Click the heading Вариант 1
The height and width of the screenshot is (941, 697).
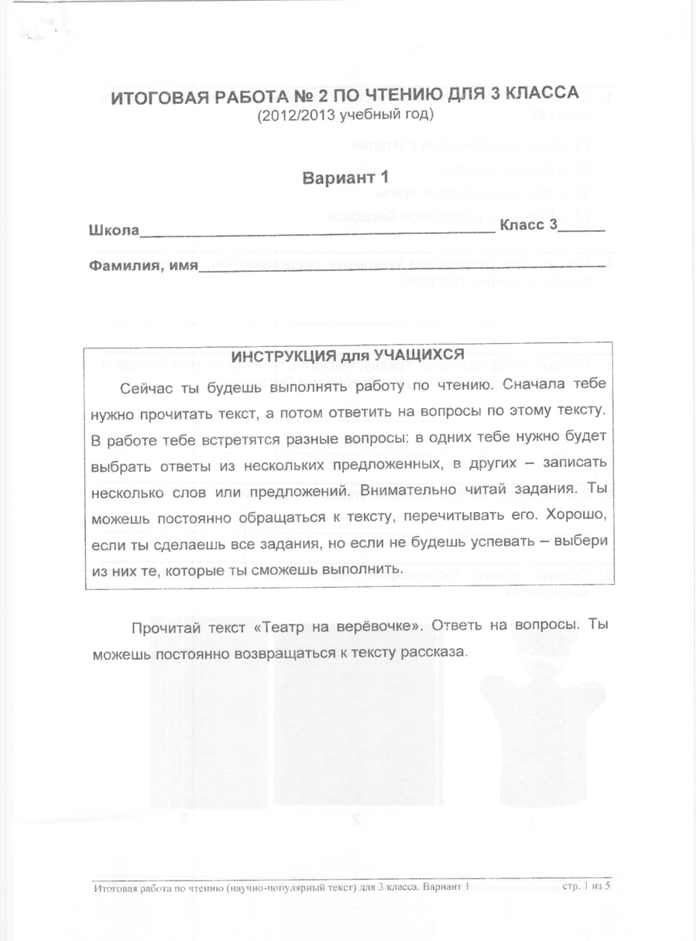[344, 177]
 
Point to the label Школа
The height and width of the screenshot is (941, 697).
[114, 230]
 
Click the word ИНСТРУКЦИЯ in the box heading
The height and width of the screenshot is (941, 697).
[283, 356]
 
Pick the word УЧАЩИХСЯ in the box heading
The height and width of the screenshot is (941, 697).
[419, 355]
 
